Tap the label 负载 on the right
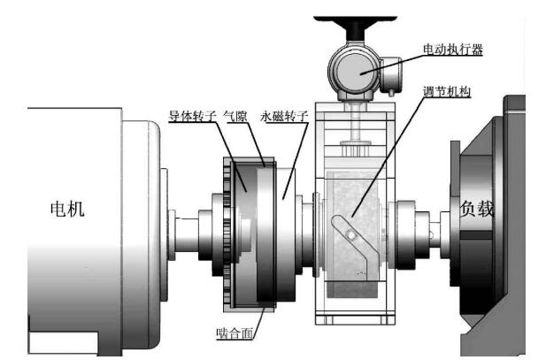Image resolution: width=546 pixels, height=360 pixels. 475,211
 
